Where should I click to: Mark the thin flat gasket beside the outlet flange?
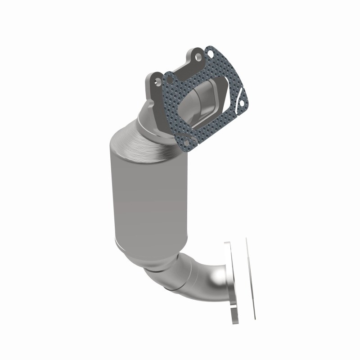click(250, 279)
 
